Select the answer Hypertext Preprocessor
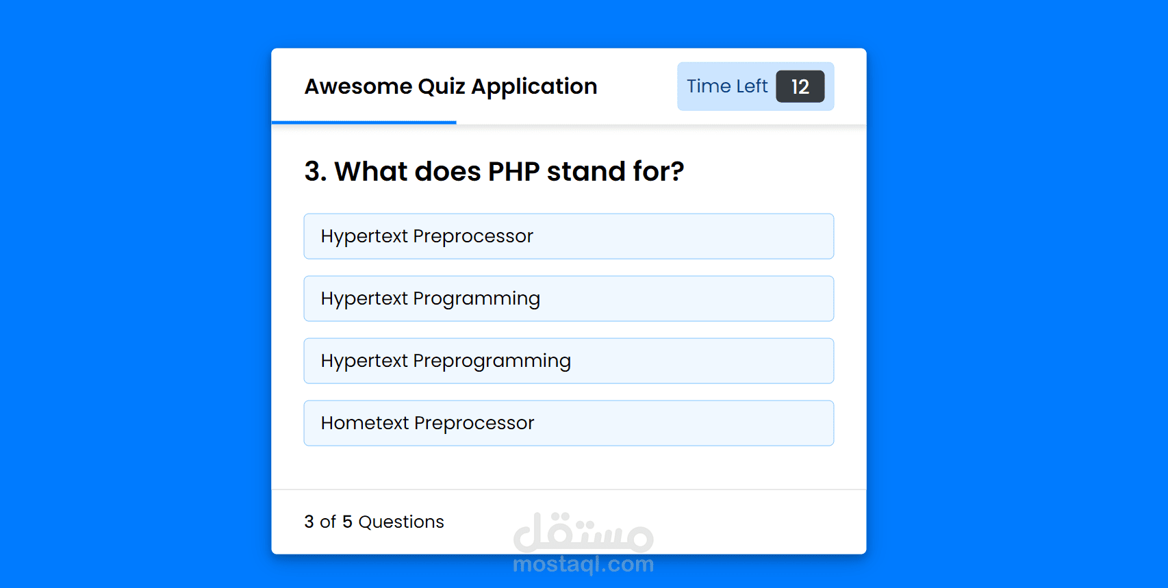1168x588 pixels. pyautogui.click(x=569, y=236)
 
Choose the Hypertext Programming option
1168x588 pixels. pyautogui.click(x=569, y=298)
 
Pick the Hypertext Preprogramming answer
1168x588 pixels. pyautogui.click(x=569, y=361)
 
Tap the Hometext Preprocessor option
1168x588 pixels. pyautogui.click(x=569, y=423)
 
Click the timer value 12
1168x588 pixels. pyautogui.click(x=800, y=86)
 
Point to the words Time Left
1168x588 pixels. pyautogui.click(x=727, y=86)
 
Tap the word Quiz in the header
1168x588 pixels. pyautogui.click(x=441, y=86)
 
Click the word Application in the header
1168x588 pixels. pyautogui.click(x=534, y=87)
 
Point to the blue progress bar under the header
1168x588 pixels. pyautogui.click(x=364, y=123)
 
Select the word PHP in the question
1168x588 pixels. pyautogui.click(x=513, y=172)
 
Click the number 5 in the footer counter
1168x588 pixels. pyautogui.click(x=347, y=522)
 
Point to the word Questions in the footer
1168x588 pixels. pyautogui.click(x=401, y=522)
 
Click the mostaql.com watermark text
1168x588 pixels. pyautogui.click(x=583, y=565)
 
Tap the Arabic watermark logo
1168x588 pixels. pyautogui.click(x=583, y=533)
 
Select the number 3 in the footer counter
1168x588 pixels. pyautogui.click(x=309, y=522)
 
